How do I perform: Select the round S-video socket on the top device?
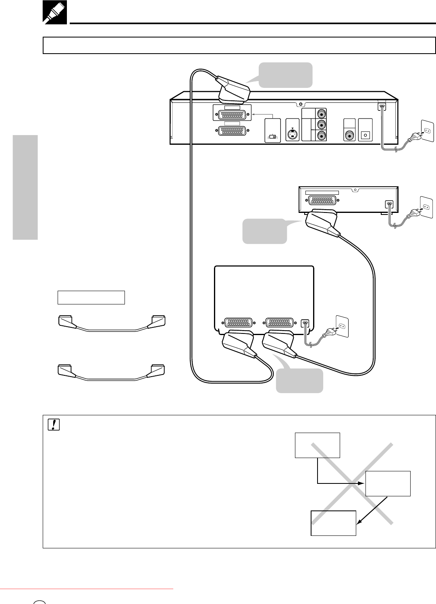(292, 134)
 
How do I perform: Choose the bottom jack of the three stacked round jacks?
(321, 136)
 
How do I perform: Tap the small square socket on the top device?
(365, 135)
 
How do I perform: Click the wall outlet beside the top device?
(428, 131)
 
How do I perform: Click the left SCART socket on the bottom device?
(239, 323)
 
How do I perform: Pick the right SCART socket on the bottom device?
(280, 323)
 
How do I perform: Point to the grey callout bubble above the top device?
(285, 75)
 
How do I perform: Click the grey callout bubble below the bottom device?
(299, 380)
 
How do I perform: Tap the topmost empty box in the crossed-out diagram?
(317, 445)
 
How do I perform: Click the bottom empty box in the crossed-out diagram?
(333, 523)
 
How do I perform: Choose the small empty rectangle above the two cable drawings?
(91, 297)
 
